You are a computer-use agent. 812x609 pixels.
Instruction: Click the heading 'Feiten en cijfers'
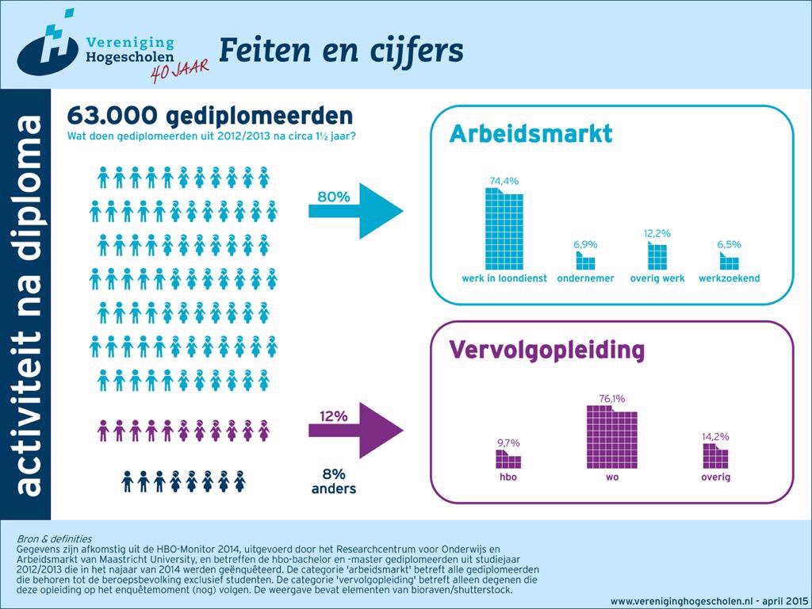click(x=340, y=50)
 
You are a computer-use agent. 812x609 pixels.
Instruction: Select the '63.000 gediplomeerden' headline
click(x=209, y=117)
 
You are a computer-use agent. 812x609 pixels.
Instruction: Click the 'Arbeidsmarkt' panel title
click(x=531, y=133)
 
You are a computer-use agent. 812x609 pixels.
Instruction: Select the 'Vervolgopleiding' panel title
click(x=546, y=350)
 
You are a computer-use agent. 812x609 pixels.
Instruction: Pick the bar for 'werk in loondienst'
click(x=504, y=230)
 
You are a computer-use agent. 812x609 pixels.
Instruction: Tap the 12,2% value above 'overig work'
click(x=657, y=233)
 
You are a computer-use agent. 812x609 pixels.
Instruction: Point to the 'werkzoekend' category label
click(x=729, y=278)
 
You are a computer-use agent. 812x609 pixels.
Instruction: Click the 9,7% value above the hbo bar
click(x=507, y=442)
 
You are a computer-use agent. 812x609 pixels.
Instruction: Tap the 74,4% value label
click(x=504, y=181)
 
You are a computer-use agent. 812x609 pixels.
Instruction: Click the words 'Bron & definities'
click(x=54, y=539)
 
